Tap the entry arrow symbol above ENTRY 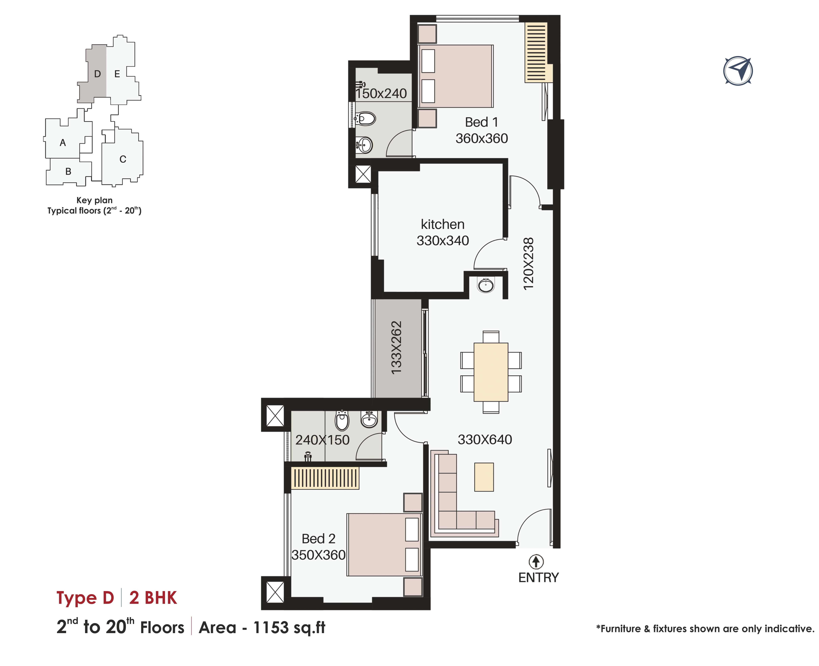(x=536, y=562)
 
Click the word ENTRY (x=539, y=577)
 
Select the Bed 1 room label (x=482, y=122)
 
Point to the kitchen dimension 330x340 (x=443, y=240)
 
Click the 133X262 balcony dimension (x=396, y=348)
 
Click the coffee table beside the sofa (x=484, y=477)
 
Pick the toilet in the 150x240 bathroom (x=365, y=119)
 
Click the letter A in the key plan (x=63, y=143)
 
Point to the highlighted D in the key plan (x=97, y=74)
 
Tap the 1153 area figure (x=271, y=627)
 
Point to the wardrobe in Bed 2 (x=325, y=478)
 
